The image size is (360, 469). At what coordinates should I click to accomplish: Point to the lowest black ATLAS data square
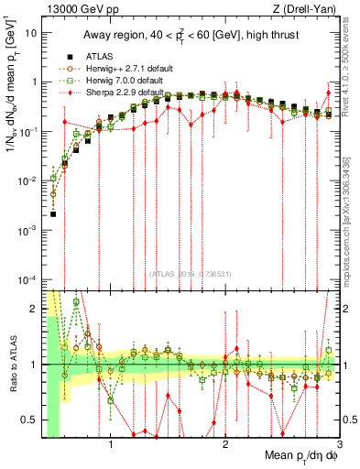click(x=53, y=214)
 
